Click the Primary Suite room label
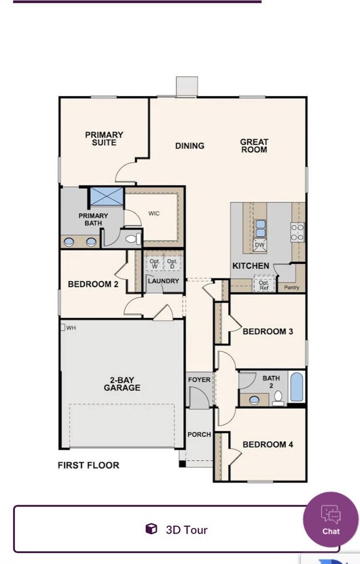[x=104, y=138]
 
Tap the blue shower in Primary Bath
[x=106, y=196]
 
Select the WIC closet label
[x=154, y=213]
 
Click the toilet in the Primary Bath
[x=133, y=238]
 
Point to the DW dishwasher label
[x=259, y=245]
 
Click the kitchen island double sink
[x=260, y=229]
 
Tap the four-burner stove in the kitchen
[x=297, y=232]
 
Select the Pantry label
[x=291, y=287]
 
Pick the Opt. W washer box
[x=155, y=263]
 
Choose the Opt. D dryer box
[x=172, y=263]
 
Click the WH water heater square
[x=62, y=327]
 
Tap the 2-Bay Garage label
[x=122, y=384]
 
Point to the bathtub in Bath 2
[x=297, y=387]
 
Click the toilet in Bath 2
[x=278, y=399]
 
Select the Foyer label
[x=199, y=380]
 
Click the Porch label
[x=199, y=434]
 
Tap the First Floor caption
[x=88, y=465]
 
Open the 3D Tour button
[x=176, y=529]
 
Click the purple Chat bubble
[x=331, y=519]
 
